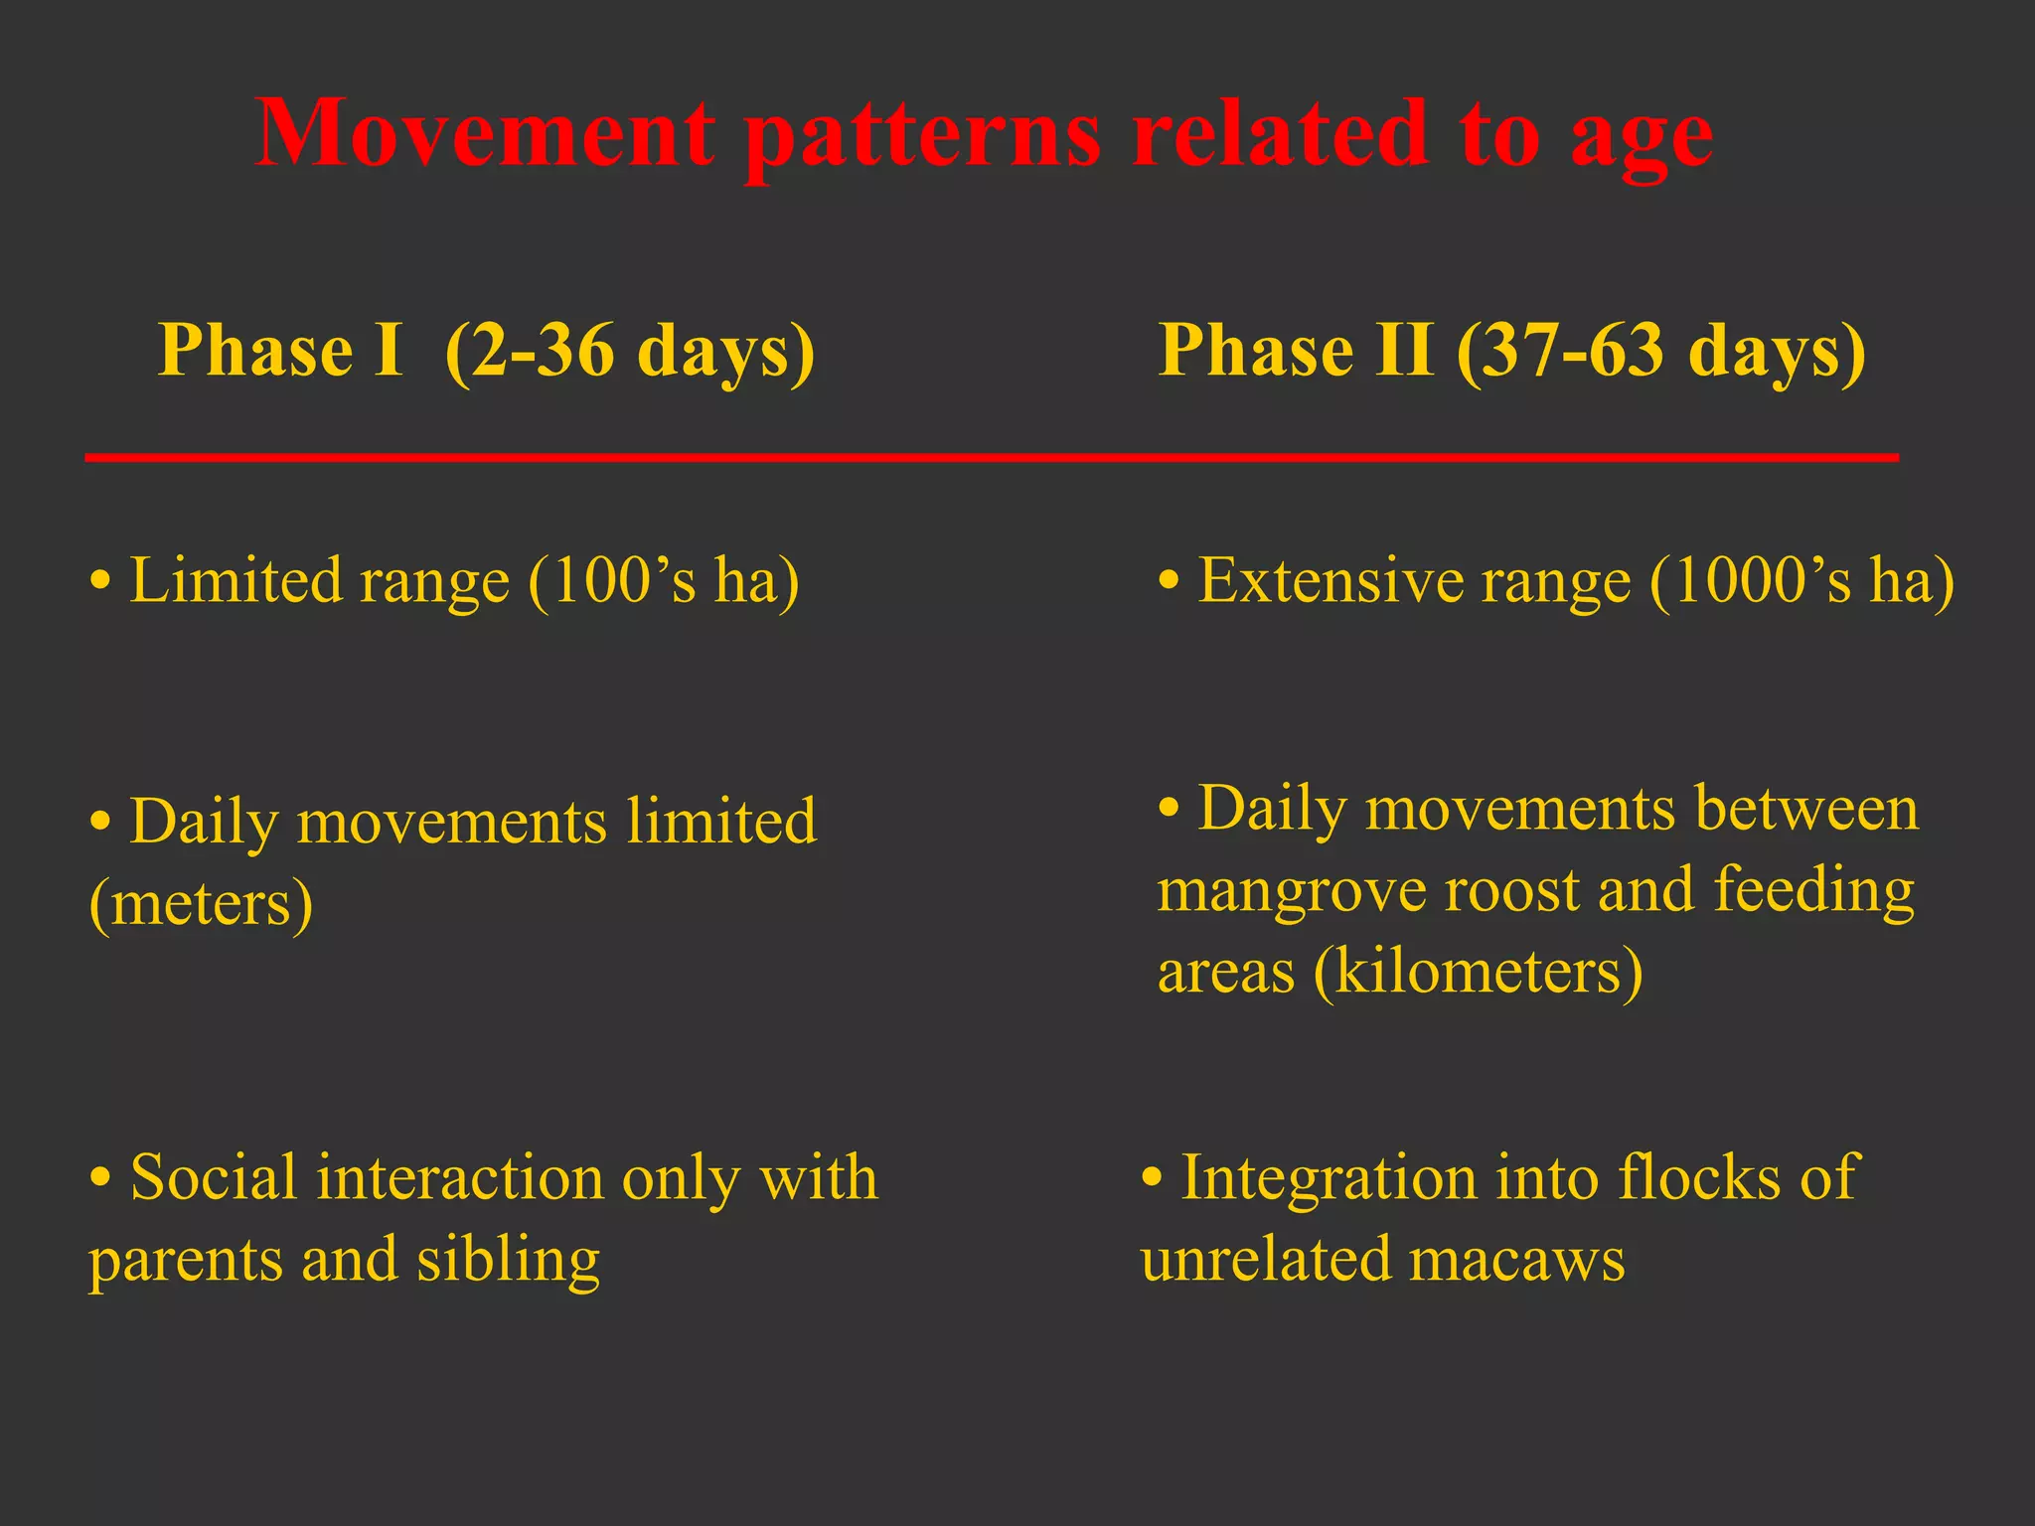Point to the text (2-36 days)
pyautogui.click(x=630, y=352)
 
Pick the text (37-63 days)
pyautogui.click(x=1660, y=352)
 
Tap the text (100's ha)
pyautogui.click(x=664, y=581)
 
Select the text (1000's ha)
pyautogui.click(x=1801, y=581)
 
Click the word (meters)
pyautogui.click(x=202, y=904)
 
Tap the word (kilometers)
pyautogui.click(x=1479, y=972)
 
